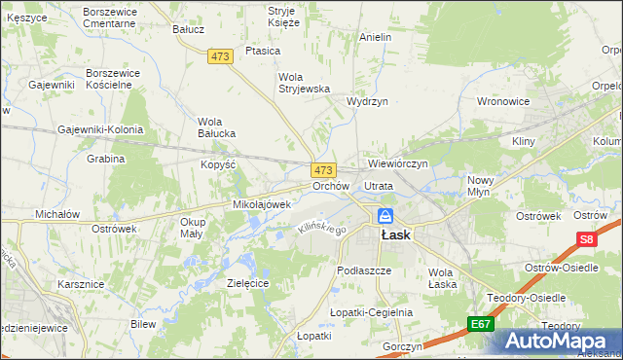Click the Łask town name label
(396, 234)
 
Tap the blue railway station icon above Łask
(386, 215)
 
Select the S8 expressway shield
(586, 239)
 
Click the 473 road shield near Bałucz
(221, 57)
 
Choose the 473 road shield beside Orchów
(323, 169)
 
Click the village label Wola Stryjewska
(304, 83)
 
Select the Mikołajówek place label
(262, 204)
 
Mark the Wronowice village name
(503, 100)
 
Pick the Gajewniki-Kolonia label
(100, 129)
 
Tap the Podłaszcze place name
(363, 270)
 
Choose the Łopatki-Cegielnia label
(371, 312)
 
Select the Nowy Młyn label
(481, 186)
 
